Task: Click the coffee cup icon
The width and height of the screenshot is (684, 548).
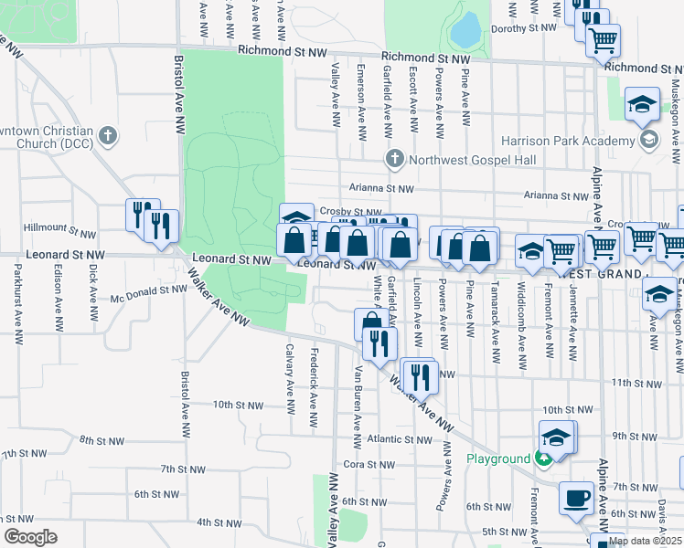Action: (x=576, y=498)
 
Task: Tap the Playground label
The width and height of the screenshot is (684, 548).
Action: (x=499, y=458)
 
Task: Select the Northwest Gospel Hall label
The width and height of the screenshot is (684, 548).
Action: (x=472, y=160)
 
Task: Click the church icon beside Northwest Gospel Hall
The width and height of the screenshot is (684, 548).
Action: (x=394, y=159)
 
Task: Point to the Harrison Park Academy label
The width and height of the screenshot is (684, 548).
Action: (x=568, y=141)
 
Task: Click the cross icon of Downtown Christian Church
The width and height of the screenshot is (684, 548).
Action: (x=108, y=137)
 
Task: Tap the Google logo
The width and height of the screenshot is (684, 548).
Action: (x=30, y=537)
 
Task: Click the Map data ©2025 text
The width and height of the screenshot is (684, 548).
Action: (x=644, y=541)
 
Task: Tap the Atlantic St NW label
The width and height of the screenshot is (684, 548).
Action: (x=392, y=439)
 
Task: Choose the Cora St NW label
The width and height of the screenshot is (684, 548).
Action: (x=367, y=465)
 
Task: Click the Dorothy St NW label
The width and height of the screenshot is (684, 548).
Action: (x=523, y=28)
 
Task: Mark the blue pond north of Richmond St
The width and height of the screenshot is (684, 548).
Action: (x=465, y=32)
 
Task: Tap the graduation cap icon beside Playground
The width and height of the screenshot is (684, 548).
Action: (x=556, y=438)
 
